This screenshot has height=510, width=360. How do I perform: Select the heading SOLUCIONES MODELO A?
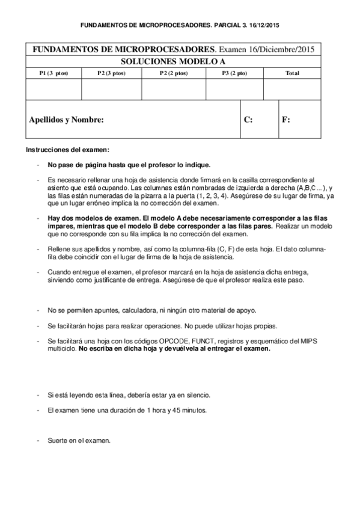[x=180, y=61]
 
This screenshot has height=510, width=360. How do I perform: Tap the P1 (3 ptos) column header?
[x=53, y=73]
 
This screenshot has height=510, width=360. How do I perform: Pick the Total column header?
[x=292, y=73]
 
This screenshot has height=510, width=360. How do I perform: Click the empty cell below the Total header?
[x=292, y=89]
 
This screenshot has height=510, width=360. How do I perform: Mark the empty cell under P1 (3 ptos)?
[x=53, y=89]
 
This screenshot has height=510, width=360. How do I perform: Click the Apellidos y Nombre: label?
[x=67, y=120]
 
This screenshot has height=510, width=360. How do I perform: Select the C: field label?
[x=248, y=120]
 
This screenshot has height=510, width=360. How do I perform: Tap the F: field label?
[x=286, y=120]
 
